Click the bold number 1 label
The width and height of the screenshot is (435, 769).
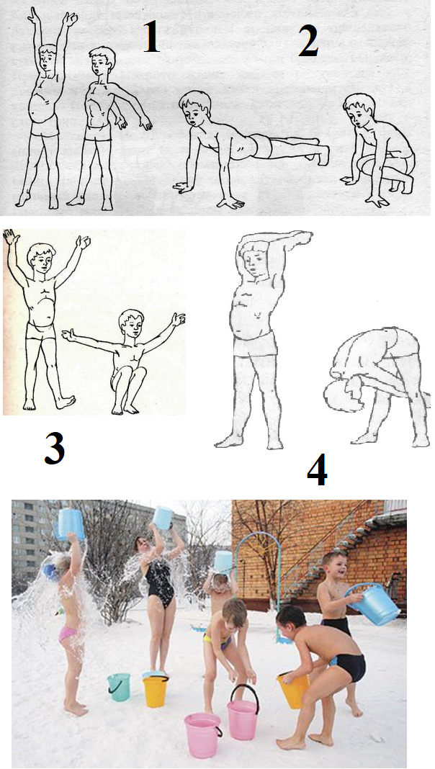151,37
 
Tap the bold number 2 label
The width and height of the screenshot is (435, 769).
308,41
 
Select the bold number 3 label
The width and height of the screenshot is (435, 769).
55,449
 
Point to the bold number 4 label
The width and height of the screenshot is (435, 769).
317,471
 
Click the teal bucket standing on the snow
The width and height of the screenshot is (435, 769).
119,687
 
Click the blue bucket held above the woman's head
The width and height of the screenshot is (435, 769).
163,518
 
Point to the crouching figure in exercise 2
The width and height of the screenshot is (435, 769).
377,149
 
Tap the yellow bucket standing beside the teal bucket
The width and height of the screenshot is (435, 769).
156,691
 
